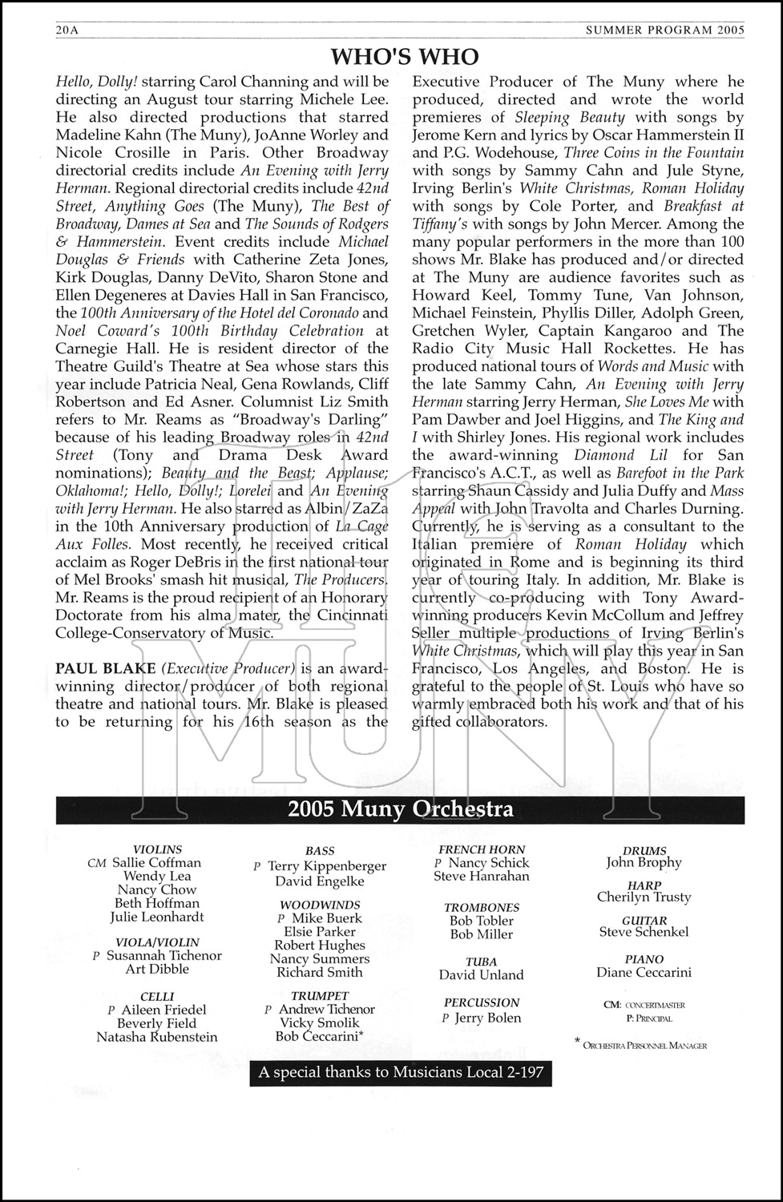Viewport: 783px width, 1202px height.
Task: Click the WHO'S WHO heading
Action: click(405, 56)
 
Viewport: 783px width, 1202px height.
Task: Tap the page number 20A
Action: click(70, 30)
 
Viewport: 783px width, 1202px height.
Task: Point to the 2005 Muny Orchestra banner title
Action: click(401, 809)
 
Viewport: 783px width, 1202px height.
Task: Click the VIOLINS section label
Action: click(157, 849)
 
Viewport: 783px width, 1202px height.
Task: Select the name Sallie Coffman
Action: click(156, 863)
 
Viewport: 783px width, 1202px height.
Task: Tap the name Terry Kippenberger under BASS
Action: click(326, 866)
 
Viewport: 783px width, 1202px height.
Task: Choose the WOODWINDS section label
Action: click(320, 905)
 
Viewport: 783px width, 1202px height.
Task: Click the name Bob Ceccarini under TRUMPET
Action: click(318, 1036)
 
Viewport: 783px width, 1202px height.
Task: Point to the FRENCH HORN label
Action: click(482, 849)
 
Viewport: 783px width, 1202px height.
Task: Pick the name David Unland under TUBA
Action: click(481, 975)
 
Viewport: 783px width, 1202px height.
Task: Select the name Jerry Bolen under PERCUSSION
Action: click(487, 1018)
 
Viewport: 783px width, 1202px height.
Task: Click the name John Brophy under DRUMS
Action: click(644, 863)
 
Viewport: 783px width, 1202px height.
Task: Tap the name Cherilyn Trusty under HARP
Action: click(644, 897)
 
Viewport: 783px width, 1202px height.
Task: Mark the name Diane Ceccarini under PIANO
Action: click(644, 973)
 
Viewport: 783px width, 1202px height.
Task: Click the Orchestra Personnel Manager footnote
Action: click(644, 1045)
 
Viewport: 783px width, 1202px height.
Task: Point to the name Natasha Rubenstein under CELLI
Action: click(156, 1037)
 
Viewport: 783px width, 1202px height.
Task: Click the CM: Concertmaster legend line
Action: click(644, 1005)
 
